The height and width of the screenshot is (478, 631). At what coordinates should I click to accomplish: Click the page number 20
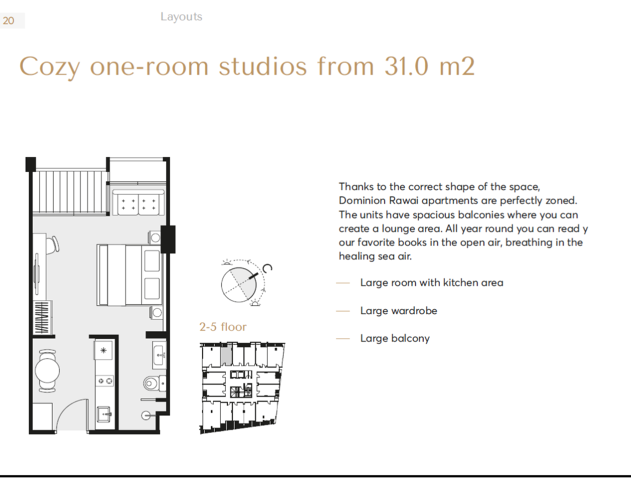click(x=8, y=20)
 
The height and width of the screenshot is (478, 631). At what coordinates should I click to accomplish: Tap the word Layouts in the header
click(x=181, y=17)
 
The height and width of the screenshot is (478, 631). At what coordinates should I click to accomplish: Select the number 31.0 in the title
click(x=406, y=66)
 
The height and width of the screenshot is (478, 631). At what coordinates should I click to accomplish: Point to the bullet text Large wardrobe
click(x=398, y=310)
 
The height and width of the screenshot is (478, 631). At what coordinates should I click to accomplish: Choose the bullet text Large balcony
click(x=395, y=338)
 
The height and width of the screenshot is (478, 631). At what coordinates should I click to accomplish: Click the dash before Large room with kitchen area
click(x=343, y=283)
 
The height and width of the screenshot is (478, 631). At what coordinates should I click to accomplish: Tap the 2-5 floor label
click(x=223, y=326)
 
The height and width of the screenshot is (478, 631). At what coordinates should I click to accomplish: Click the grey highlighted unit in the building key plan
click(x=226, y=355)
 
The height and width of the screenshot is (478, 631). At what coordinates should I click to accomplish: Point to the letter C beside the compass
click(x=267, y=268)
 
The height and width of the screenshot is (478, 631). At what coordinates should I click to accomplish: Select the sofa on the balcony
click(x=138, y=202)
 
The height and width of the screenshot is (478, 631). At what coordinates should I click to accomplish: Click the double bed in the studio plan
click(x=129, y=274)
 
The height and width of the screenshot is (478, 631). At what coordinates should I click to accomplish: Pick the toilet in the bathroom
click(x=154, y=383)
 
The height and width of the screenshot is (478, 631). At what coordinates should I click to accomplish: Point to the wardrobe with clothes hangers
click(x=42, y=318)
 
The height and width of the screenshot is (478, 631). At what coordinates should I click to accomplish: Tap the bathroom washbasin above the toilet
click(x=159, y=355)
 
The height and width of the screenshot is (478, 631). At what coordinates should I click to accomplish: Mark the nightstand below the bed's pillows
click(x=156, y=312)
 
